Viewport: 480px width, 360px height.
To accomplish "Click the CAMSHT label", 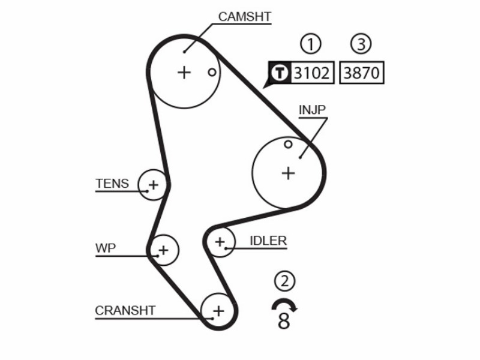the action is point(245,17).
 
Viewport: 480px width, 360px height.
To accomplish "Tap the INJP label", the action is point(312,110).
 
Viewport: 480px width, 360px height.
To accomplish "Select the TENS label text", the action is point(112,184).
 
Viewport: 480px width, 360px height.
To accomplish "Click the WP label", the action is point(106,248).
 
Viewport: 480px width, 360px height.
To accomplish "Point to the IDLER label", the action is point(268,241).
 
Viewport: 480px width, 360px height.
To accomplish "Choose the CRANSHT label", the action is point(125,311).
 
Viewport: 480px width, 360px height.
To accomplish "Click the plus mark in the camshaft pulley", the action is point(184,73).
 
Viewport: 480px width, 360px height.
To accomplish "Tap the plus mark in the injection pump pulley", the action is point(288,173).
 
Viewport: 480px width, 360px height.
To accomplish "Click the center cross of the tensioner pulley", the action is point(154,185).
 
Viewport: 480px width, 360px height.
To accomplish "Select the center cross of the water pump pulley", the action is point(163,250).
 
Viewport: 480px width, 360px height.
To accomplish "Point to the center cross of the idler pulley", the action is point(220,242).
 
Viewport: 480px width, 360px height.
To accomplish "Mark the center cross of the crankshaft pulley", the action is point(218,311).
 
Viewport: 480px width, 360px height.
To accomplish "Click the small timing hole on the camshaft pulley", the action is point(212,73).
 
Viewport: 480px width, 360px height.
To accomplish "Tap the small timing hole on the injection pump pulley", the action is point(288,144).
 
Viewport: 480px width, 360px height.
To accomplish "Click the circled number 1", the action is point(311,44).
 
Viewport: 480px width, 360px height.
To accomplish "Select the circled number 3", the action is point(361,44).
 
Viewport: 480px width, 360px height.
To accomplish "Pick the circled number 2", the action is point(284,281).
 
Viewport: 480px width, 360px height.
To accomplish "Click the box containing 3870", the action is point(362,73).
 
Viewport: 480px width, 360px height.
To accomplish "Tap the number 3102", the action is point(311,73).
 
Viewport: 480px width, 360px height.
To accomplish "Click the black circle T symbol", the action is point(280,73).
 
